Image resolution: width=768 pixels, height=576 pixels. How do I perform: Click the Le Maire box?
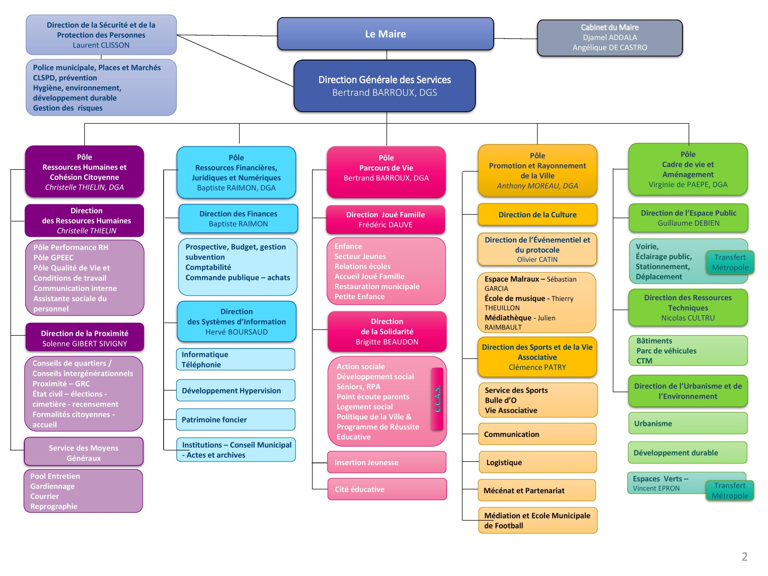coord(385,34)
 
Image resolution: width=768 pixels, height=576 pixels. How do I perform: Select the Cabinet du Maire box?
coord(610,38)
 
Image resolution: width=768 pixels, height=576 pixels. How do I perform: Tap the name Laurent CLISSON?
coord(101,45)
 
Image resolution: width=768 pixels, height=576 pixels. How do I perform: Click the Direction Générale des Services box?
coord(384,86)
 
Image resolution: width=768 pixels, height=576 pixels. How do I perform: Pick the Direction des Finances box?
coord(238,219)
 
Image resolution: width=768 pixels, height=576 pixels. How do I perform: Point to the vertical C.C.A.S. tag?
coord(437,399)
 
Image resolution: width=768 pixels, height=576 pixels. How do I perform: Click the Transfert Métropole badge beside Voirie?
coord(730,262)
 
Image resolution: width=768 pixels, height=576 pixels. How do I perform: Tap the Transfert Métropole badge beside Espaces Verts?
coord(730,490)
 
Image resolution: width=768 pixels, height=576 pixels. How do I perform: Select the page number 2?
coord(744,556)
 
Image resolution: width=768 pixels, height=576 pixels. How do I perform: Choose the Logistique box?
coord(537,462)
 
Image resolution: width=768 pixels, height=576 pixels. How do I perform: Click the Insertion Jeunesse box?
coord(386,462)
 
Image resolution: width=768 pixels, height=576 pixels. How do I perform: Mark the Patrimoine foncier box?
coord(236,420)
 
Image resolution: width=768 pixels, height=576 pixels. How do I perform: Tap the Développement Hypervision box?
coord(236,391)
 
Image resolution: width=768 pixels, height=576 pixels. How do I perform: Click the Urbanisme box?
coord(688,424)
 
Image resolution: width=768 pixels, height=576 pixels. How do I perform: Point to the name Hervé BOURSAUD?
coord(236,332)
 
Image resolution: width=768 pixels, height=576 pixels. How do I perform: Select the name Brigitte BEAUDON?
coord(387,342)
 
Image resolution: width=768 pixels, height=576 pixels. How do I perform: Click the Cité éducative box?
coord(386,489)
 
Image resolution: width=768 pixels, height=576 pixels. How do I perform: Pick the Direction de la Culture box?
coord(537,215)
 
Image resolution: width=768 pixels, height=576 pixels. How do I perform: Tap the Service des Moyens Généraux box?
coord(84,453)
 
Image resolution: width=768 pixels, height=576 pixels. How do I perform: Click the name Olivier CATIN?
coord(537,260)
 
